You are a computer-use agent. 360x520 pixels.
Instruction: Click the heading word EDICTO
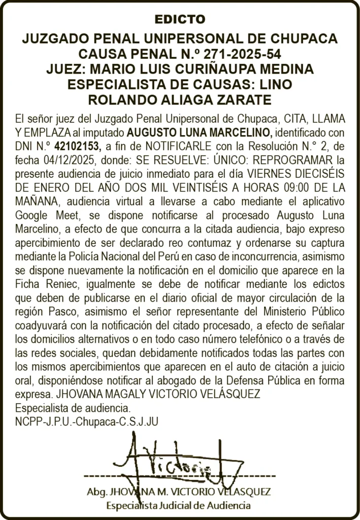click(x=180, y=20)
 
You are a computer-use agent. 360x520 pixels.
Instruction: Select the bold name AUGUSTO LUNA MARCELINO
click(x=200, y=134)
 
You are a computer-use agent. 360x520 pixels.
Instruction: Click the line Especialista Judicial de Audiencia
click(x=178, y=506)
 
